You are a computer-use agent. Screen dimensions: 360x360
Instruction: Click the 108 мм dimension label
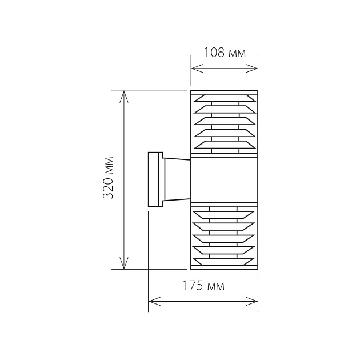[x=225, y=54]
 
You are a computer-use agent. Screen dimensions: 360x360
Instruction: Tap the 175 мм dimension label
[x=203, y=286]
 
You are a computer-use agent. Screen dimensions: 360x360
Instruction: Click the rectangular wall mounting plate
[x=154, y=179]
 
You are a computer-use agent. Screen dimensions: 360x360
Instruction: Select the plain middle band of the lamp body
[x=224, y=179]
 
